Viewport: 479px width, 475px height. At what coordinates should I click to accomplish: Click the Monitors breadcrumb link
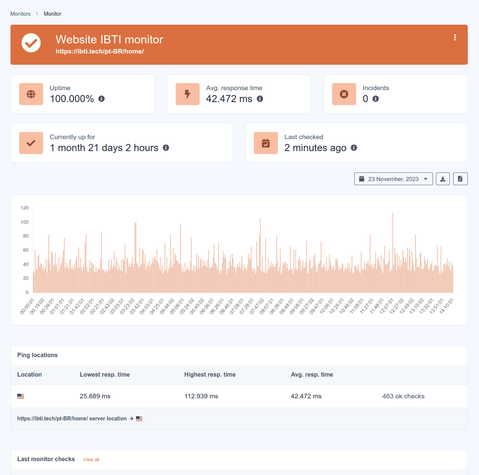click(x=20, y=14)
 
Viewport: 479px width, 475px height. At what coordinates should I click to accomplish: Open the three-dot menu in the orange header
click(x=455, y=37)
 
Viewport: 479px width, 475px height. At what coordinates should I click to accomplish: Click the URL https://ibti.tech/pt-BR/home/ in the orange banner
click(x=100, y=52)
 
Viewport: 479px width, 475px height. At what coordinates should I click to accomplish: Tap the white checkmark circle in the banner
click(x=31, y=43)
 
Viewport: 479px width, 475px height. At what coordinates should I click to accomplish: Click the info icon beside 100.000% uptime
click(x=101, y=99)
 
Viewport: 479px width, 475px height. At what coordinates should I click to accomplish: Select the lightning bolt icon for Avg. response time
click(x=188, y=94)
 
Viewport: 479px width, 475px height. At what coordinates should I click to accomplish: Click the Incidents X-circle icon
click(x=344, y=94)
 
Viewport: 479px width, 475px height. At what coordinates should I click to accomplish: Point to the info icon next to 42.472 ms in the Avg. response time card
click(x=260, y=99)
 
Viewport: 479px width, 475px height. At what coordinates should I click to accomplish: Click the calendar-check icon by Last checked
click(x=266, y=143)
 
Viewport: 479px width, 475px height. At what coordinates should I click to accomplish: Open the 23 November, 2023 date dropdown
click(x=393, y=179)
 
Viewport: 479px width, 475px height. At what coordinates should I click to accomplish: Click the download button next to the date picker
click(x=443, y=179)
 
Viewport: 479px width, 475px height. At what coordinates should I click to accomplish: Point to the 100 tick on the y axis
click(x=25, y=222)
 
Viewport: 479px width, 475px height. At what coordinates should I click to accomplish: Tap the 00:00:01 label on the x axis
click(x=27, y=306)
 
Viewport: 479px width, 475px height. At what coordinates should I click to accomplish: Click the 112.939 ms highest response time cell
click(x=201, y=396)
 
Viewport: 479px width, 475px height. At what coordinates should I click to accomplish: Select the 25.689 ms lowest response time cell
click(x=95, y=396)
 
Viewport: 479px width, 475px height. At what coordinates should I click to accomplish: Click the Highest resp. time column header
click(x=210, y=374)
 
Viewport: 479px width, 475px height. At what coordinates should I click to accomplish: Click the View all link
click(x=91, y=460)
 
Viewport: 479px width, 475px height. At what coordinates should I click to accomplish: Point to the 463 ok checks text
click(x=403, y=396)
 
